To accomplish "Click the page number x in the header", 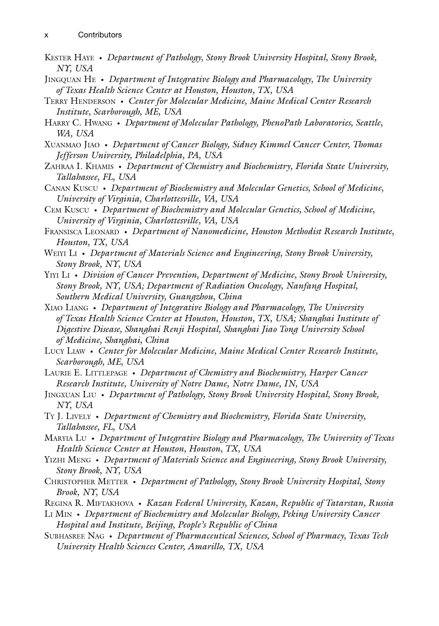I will click(46, 35).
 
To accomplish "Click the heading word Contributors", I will click(100, 35).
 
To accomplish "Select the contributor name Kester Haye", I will click(69, 58).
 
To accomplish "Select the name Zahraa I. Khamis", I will click(79, 166).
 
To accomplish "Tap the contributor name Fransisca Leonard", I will click(82, 232).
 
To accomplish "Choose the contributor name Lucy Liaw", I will click(65, 351).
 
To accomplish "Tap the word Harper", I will click(323, 373).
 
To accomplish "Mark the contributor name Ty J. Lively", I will click(68, 416).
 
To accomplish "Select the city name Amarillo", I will click(206, 547).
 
